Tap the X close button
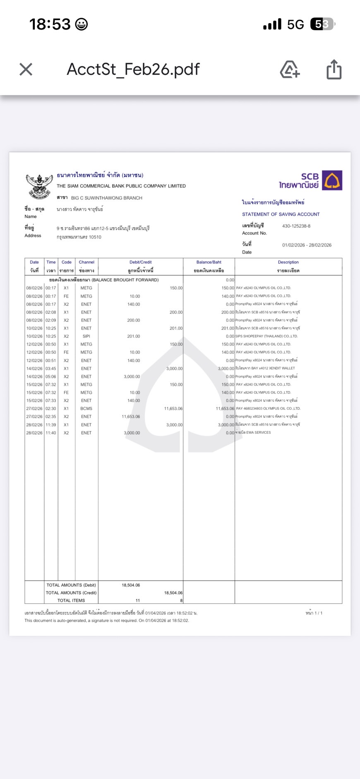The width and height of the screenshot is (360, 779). pyautogui.click(x=26, y=69)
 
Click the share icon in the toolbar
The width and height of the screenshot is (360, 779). pyautogui.click(x=334, y=69)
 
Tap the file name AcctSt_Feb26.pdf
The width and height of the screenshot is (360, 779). pyautogui.click(x=133, y=69)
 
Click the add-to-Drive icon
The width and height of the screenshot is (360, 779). pyautogui.click(x=290, y=69)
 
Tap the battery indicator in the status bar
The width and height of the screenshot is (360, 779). pyautogui.click(x=322, y=24)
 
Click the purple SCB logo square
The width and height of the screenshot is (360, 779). pyautogui.click(x=332, y=180)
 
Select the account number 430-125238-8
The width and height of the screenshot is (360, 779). pyautogui.click(x=296, y=226)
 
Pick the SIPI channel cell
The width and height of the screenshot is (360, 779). pyautogui.click(x=86, y=336)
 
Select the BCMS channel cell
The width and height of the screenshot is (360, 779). pyautogui.click(x=86, y=409)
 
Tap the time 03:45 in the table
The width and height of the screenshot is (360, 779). pyautogui.click(x=51, y=368)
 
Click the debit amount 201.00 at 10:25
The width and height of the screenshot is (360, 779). pyautogui.click(x=133, y=336)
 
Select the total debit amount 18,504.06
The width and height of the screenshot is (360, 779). pyautogui.click(x=131, y=585)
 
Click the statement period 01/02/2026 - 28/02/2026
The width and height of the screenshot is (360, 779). pyautogui.click(x=307, y=245)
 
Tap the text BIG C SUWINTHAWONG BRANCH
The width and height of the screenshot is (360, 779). pyautogui.click(x=106, y=198)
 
